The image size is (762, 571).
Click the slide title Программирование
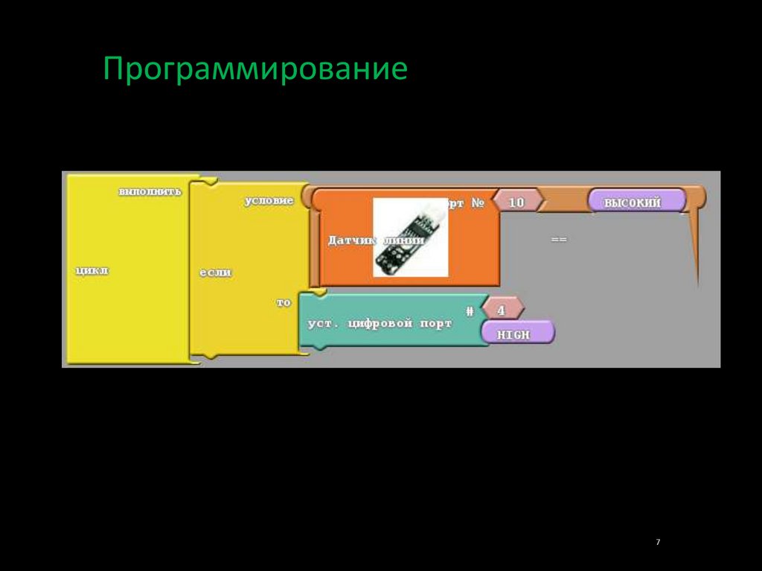[255, 69]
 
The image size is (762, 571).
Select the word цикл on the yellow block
[92, 271]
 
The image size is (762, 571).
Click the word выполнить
[149, 192]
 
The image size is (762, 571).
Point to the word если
[215, 272]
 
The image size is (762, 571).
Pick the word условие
[269, 201]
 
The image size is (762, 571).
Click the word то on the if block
[284, 303]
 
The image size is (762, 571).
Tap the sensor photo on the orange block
[410, 237]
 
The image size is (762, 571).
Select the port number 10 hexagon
[516, 202]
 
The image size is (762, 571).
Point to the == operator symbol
[559, 240]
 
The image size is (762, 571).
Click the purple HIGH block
[517, 334]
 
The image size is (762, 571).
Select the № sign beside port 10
[476, 202]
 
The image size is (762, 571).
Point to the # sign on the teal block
[470, 310]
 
